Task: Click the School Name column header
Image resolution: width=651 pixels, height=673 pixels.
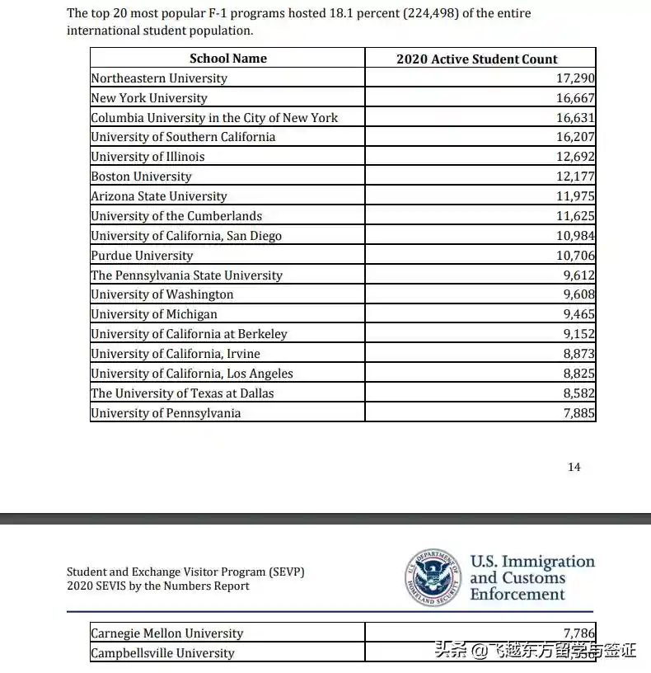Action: (227, 59)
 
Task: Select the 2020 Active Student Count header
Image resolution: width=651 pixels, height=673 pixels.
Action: (476, 59)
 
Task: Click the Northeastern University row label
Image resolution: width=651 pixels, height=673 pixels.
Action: (159, 78)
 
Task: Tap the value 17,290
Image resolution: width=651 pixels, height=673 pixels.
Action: (575, 78)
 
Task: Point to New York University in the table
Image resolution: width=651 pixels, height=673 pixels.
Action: (149, 98)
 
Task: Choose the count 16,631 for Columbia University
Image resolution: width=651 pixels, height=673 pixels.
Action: (575, 118)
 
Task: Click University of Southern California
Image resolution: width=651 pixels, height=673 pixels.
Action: (183, 137)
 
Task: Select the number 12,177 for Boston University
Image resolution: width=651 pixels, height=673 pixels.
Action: (575, 176)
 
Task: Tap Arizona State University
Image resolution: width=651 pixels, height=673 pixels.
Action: (158, 196)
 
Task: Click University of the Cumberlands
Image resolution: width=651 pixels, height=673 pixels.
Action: (176, 216)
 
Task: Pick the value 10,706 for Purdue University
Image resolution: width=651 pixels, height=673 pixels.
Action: (575, 256)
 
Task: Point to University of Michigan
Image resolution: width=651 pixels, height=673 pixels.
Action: (154, 314)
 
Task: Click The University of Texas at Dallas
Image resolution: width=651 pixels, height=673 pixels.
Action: (182, 393)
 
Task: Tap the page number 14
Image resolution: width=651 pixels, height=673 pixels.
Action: (574, 467)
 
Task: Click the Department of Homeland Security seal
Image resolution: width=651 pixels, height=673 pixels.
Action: (433, 577)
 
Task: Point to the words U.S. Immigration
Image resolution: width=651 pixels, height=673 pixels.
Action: (532, 562)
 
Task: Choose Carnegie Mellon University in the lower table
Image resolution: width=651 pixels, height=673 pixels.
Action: (167, 633)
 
